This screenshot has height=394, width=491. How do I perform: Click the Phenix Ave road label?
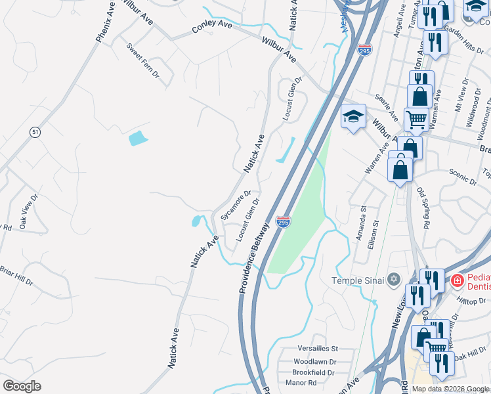point(106,26)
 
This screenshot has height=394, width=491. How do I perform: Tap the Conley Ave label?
point(212,27)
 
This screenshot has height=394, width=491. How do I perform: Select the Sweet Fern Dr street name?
point(143,61)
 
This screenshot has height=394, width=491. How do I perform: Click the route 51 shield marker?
point(35,132)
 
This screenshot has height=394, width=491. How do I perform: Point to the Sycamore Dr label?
point(236,205)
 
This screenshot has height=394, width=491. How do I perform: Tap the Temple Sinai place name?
point(358,280)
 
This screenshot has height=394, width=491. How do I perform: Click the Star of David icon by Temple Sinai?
point(394,280)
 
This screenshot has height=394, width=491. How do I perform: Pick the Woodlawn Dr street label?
point(314,361)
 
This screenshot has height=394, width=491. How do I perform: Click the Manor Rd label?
point(301,382)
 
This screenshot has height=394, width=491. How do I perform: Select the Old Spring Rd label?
point(423,208)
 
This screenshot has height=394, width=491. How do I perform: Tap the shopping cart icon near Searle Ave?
point(416,120)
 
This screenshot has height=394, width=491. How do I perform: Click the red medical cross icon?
point(456,282)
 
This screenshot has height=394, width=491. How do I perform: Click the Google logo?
point(22,386)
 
